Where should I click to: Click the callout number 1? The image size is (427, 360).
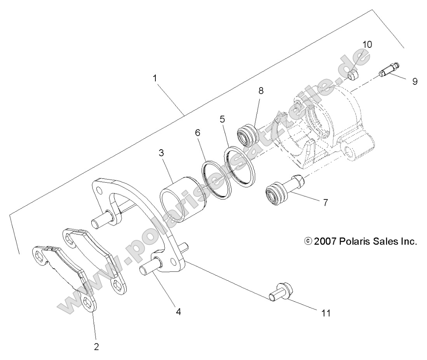coord(155,78)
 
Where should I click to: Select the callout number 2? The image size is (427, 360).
coord(96,346)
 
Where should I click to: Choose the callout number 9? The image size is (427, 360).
coord(415,82)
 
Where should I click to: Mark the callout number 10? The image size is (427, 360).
coord(367,44)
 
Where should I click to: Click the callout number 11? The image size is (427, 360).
coord(326,313)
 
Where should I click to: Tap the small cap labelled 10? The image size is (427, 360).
coord(353,75)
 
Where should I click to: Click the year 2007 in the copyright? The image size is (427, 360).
coord(325,241)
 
